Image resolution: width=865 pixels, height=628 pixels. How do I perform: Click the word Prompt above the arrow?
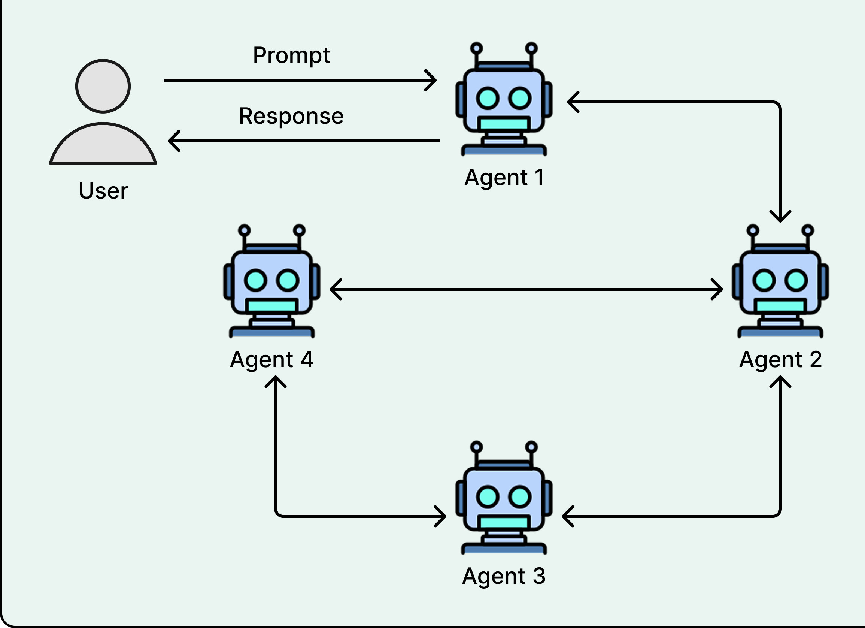[x=291, y=56]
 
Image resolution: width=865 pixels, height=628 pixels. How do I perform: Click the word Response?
[x=291, y=116]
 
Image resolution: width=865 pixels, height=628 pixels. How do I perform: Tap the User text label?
[x=103, y=191]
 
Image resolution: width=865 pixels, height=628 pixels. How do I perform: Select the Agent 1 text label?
[x=504, y=178]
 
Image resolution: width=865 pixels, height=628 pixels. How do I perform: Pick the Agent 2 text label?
[x=780, y=360]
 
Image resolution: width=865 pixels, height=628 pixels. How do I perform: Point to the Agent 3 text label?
[x=503, y=576]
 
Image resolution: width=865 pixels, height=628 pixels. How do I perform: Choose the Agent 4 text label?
[x=271, y=360]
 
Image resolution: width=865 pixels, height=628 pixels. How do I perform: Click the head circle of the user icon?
[x=103, y=86]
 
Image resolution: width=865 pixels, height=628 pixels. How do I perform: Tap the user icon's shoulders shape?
[x=103, y=147]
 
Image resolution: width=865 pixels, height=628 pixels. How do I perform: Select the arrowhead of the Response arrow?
[x=172, y=141]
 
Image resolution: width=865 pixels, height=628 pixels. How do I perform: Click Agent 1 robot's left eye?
[x=488, y=98]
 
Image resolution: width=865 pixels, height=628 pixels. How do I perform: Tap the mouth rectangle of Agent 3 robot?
[x=503, y=522]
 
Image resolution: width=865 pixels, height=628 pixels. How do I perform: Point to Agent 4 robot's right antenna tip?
[x=299, y=230]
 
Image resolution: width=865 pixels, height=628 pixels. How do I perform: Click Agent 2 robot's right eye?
[x=796, y=280]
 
